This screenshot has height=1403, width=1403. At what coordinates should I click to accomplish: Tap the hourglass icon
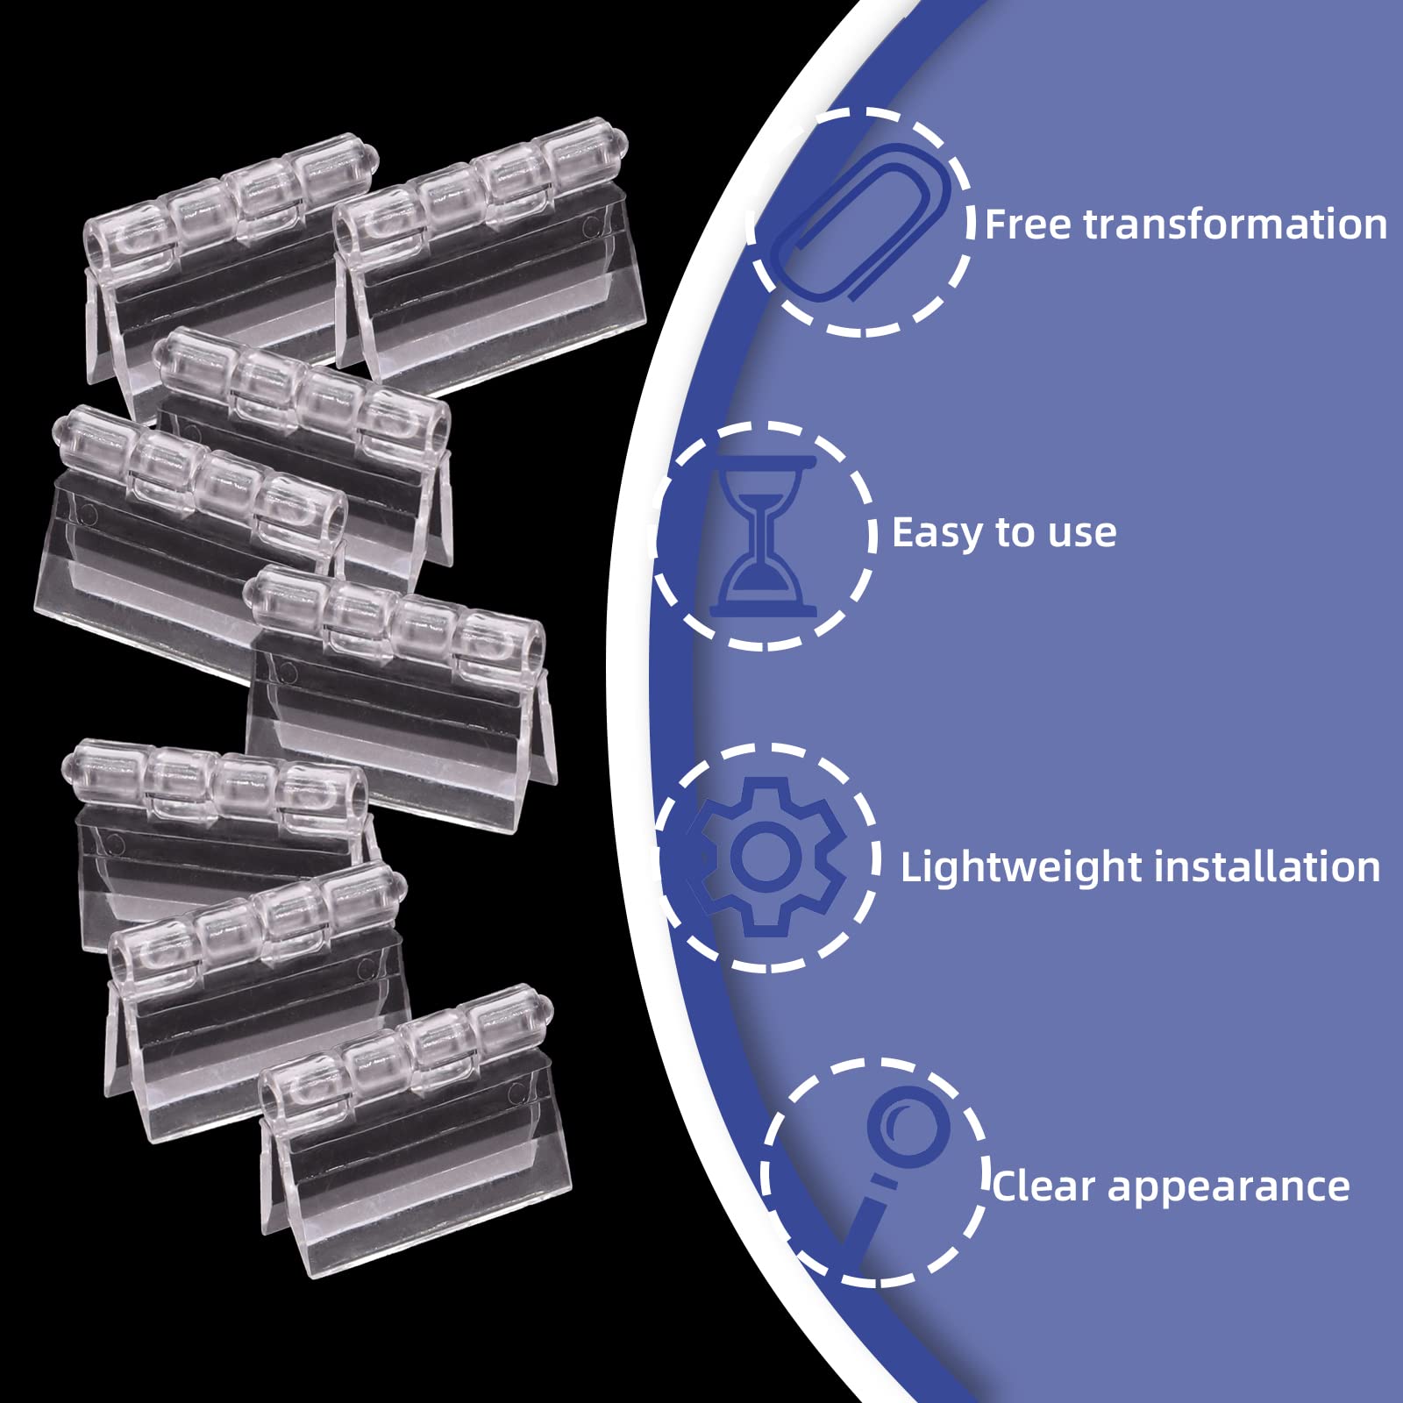click(x=763, y=536)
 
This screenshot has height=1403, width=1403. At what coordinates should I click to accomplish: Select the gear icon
click(x=766, y=858)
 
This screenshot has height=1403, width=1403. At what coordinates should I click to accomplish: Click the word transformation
click(x=1236, y=224)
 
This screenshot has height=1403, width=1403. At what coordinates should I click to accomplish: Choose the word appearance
click(x=1229, y=1189)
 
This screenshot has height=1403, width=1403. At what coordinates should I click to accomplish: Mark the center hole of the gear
click(x=766, y=857)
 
